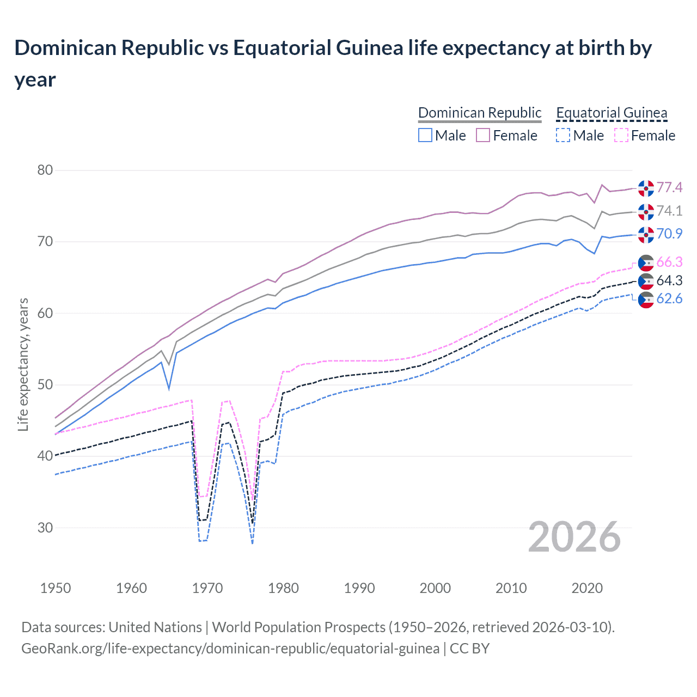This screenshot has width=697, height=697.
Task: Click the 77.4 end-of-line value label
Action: click(x=669, y=188)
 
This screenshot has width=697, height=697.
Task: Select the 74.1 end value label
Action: click(x=669, y=211)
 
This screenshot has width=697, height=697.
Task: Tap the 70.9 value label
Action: click(x=669, y=234)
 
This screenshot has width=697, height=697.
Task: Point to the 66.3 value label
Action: click(x=669, y=262)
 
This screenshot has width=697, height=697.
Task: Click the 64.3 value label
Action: click(x=669, y=280)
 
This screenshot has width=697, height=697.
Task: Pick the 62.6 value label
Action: click(x=669, y=298)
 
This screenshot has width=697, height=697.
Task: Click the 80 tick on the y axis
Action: click(x=45, y=170)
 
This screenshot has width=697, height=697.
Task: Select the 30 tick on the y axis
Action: click(x=45, y=528)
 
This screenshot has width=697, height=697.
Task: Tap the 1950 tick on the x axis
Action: click(x=56, y=588)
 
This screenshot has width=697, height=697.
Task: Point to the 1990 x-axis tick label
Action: click(x=359, y=588)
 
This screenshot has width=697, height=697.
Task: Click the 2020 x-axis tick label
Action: click(x=587, y=588)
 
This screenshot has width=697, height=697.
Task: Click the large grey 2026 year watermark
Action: click(x=574, y=537)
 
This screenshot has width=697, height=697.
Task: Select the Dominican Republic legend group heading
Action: click(x=480, y=113)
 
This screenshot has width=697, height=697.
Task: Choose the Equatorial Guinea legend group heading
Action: click(x=612, y=113)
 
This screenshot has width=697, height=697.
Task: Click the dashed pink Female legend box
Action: click(x=621, y=135)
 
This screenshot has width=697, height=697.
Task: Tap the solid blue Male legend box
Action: click(x=425, y=135)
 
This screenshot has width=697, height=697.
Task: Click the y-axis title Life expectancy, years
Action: click(x=23, y=364)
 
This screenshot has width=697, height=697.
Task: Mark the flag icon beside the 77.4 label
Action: click(x=646, y=188)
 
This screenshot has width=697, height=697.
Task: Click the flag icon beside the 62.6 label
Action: click(x=646, y=299)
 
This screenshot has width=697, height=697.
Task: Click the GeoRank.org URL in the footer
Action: click(x=230, y=649)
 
